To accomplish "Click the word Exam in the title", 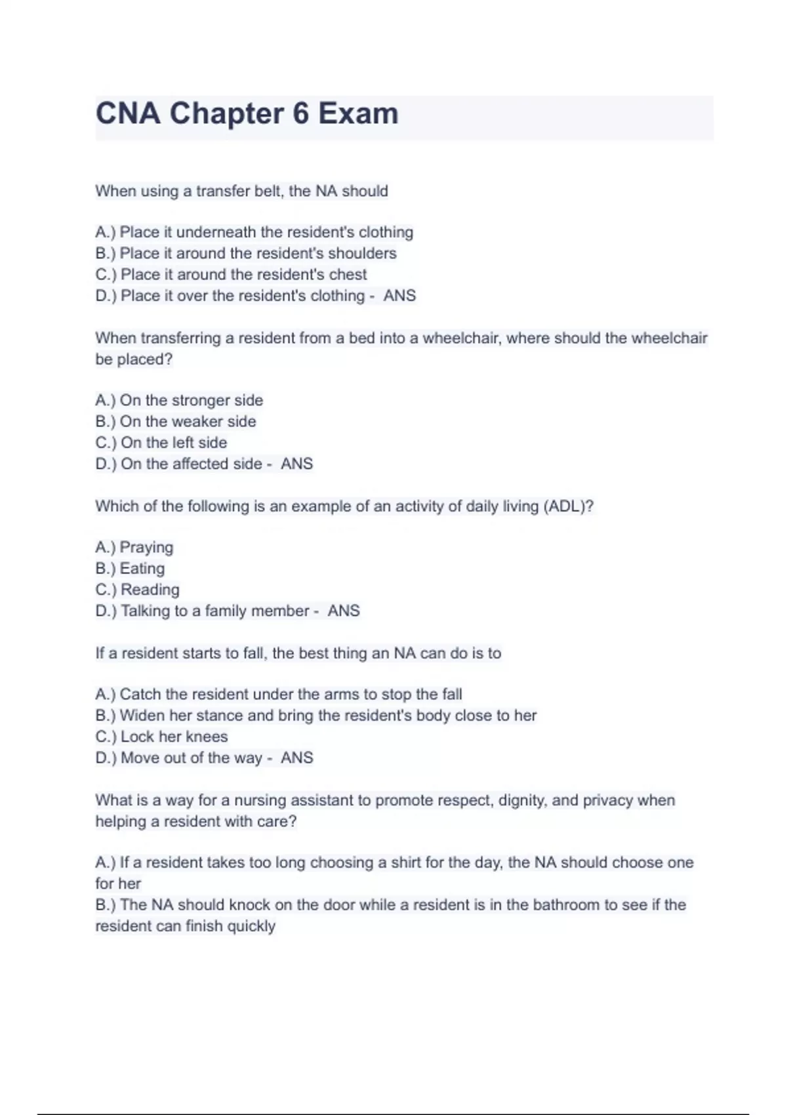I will (x=358, y=113).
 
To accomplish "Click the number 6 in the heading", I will (x=300, y=113).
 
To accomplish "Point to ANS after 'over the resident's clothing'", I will (x=399, y=296).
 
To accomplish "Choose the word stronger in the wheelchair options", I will (x=200, y=400).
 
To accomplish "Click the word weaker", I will (x=197, y=421).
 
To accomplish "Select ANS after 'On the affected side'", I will (x=296, y=464).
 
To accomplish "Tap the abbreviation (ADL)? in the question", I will (x=569, y=506).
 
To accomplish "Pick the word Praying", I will (x=146, y=548).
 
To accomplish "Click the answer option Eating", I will (x=142, y=569).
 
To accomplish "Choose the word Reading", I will (x=150, y=590).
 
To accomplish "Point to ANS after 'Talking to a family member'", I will (x=344, y=611).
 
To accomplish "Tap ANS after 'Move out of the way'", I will (x=296, y=758).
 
